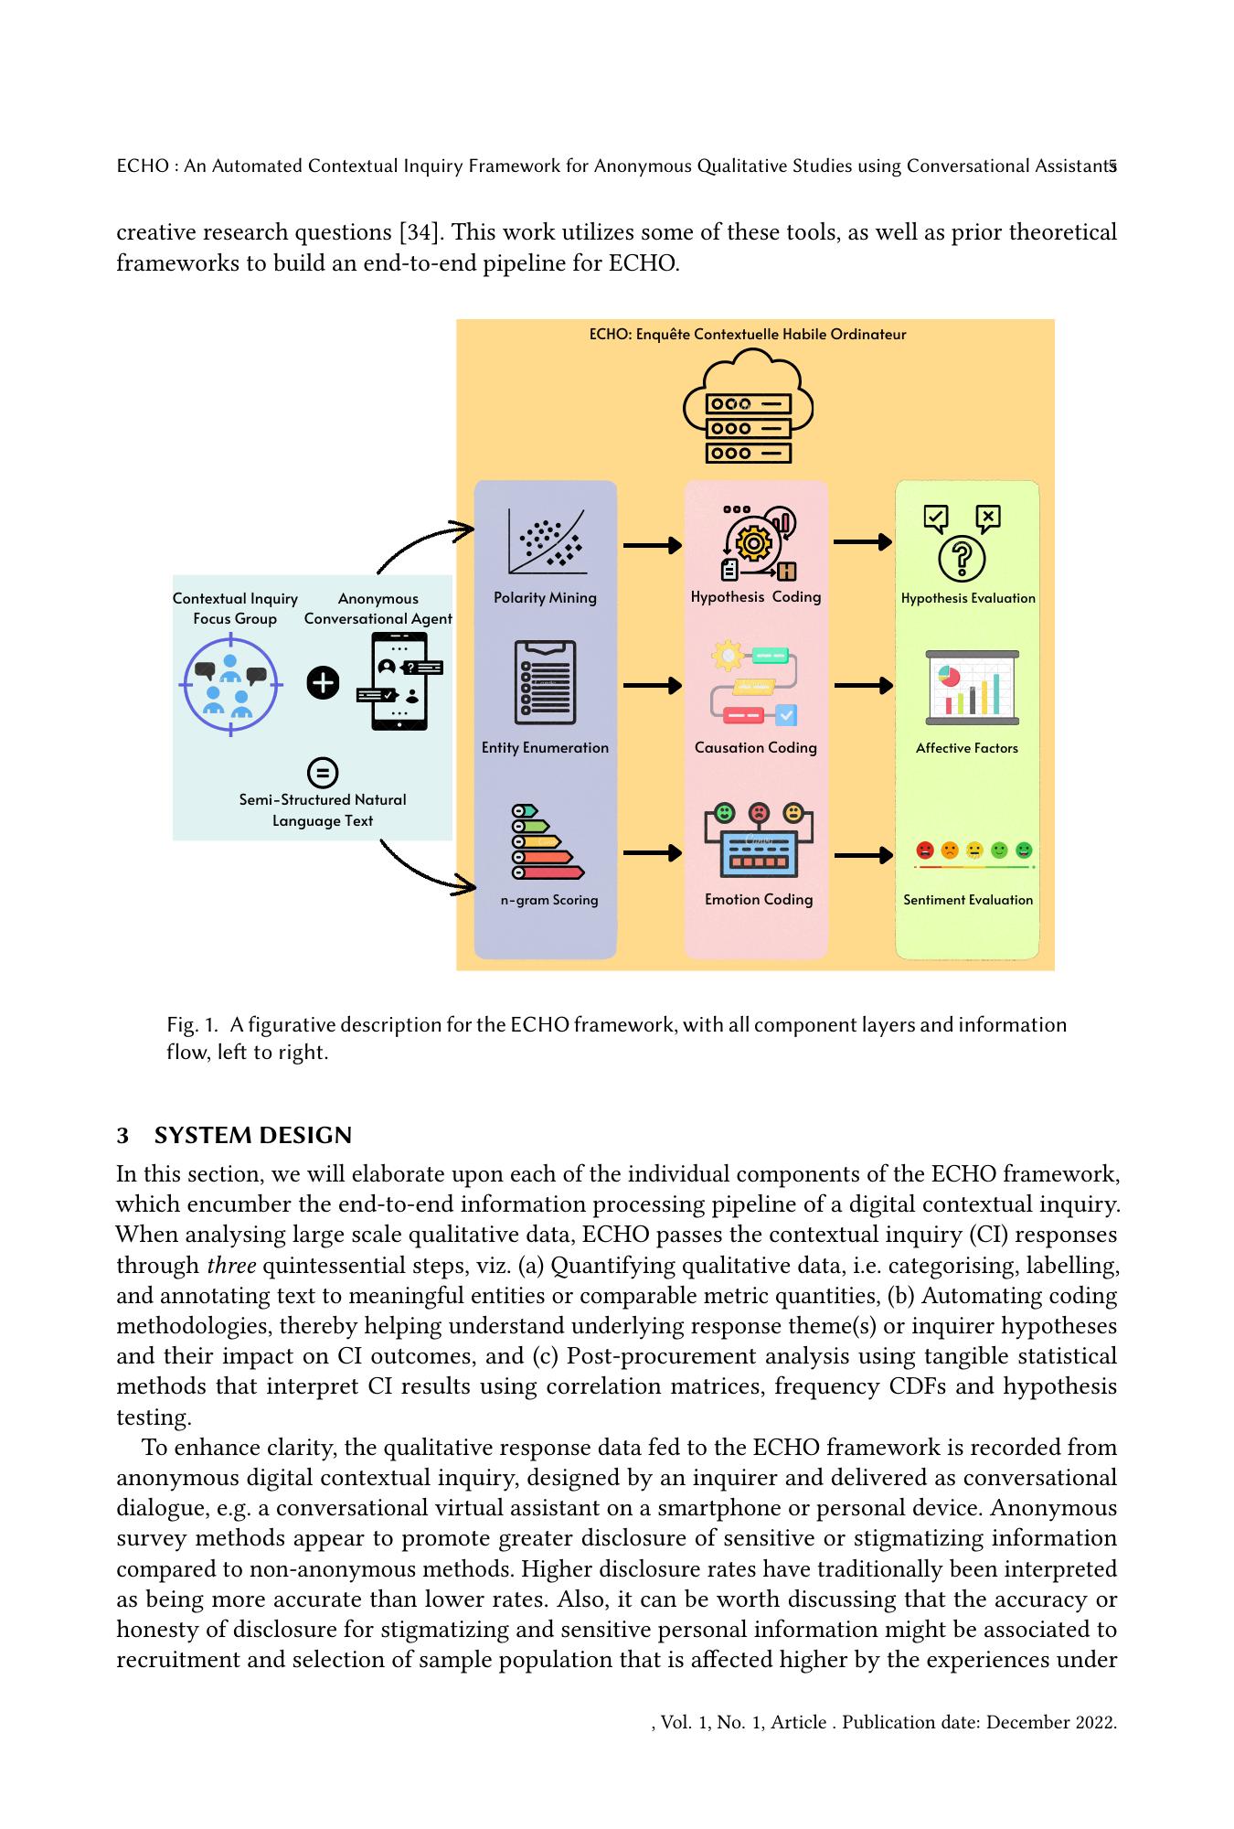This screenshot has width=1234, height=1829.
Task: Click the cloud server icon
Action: point(748,411)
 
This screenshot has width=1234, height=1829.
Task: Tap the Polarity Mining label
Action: point(545,597)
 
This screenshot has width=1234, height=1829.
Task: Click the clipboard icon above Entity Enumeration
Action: point(546,682)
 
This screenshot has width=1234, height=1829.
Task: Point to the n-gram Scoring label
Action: point(548,899)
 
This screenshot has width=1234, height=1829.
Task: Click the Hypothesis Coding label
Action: point(756,596)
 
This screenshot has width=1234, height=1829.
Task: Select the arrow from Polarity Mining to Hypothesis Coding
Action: point(652,545)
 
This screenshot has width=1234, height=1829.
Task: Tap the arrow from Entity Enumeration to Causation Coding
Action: point(652,685)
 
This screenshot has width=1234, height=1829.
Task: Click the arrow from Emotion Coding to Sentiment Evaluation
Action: point(863,855)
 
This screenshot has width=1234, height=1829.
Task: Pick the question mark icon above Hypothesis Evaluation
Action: point(962,558)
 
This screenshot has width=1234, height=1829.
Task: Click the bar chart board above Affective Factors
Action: point(972,688)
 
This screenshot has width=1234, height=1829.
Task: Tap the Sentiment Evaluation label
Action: point(968,899)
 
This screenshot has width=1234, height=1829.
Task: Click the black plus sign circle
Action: point(323,682)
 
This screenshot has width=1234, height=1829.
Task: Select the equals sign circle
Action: point(322,772)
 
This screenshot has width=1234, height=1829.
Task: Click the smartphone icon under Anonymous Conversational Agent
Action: point(399,681)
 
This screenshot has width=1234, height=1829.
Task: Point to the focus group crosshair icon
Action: point(229,683)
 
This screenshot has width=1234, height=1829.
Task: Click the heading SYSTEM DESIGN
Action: point(253,1135)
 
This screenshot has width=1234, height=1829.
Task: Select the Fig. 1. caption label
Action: point(192,1024)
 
